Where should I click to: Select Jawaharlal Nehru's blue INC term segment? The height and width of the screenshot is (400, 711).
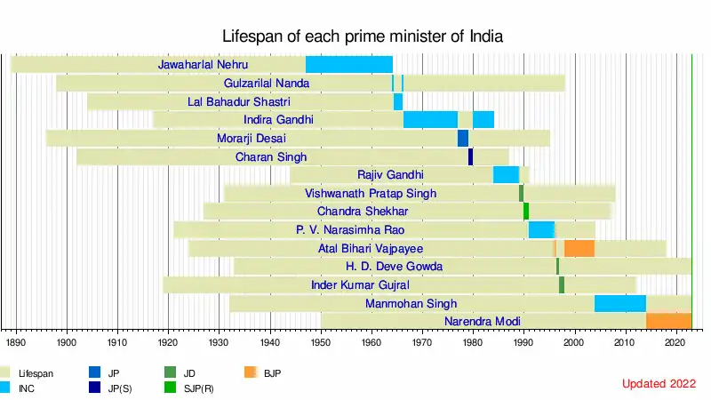(348, 65)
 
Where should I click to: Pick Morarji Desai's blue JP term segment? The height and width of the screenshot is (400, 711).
(463, 139)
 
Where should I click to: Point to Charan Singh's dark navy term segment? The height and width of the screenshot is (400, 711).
(471, 157)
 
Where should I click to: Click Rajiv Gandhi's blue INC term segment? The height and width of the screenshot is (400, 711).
(506, 175)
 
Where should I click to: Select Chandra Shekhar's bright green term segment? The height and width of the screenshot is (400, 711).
(526, 212)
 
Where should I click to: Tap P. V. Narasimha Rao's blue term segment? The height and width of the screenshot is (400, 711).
(541, 230)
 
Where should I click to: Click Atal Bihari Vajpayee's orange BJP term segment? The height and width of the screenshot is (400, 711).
(579, 248)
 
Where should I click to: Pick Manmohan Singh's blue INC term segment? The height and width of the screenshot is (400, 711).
(619, 304)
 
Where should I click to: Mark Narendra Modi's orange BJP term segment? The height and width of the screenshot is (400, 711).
(668, 322)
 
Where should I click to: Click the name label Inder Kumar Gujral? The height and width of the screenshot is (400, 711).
(360, 285)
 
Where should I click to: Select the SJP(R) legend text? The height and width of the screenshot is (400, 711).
(198, 389)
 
